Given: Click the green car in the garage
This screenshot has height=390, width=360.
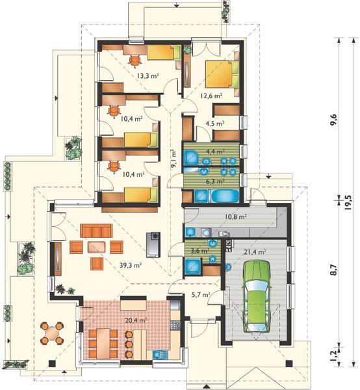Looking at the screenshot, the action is tap(256, 296).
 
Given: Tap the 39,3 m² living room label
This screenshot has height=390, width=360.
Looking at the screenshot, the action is tap(131, 265).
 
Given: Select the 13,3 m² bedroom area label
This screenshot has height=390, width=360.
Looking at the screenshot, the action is tap(148, 75).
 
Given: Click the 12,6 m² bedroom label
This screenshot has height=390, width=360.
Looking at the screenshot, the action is tap(211, 96).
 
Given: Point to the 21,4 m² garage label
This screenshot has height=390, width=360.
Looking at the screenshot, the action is tap(255, 252).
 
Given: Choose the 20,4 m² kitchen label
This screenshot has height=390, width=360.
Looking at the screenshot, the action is tap(135, 320).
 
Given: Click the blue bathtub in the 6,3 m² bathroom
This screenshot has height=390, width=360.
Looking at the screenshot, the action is tap(224, 196).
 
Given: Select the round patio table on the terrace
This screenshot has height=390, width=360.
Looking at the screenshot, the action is tap(52, 333).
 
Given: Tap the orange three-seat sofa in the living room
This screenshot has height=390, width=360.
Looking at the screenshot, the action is tap(96, 231).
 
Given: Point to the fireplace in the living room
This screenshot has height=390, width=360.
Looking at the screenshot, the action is tap(153, 245).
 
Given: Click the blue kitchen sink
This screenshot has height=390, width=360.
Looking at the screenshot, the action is tap(160, 354).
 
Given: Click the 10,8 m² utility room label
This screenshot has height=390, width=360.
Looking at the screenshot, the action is tap(235, 217).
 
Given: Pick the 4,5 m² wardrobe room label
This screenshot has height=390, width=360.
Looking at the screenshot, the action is tap(215, 123).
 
